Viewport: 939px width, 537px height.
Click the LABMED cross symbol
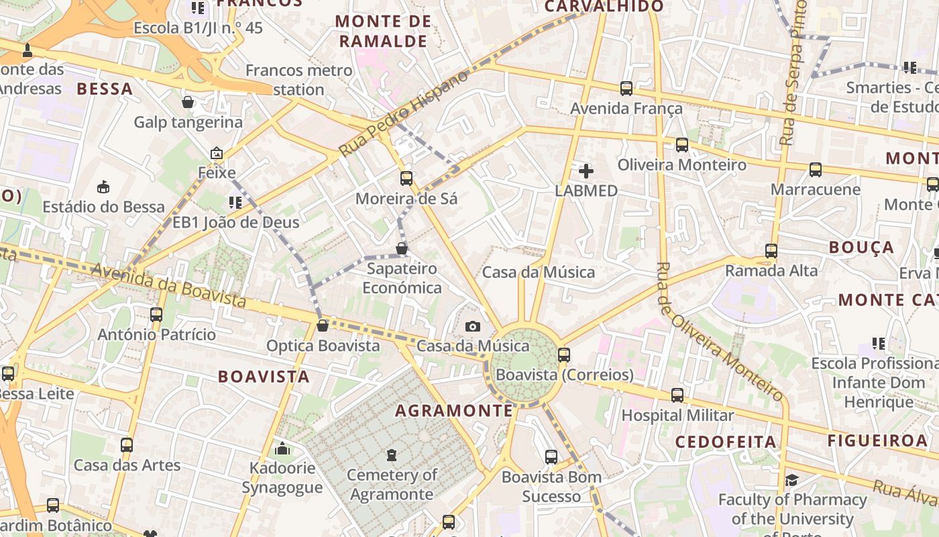click(x=586, y=171)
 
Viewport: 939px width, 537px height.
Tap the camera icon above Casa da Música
click(x=473, y=327)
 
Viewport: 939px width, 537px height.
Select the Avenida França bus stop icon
click(x=626, y=89)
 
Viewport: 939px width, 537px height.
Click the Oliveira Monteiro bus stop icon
click(x=682, y=145)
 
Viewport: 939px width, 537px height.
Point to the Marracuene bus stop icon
click(x=816, y=170)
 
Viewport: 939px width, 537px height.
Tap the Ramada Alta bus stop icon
click(x=771, y=251)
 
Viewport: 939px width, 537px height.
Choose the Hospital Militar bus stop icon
click(x=677, y=395)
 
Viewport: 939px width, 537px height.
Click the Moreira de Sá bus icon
click(x=406, y=179)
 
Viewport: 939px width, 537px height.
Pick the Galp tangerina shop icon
click(x=188, y=102)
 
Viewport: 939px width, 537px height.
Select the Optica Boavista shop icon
click(x=323, y=326)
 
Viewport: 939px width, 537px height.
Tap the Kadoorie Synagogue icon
click(x=282, y=448)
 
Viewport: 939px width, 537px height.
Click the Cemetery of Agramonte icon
click(x=392, y=455)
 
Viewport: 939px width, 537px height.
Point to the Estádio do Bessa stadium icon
click(x=103, y=187)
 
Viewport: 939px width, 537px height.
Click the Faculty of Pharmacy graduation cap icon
click(x=792, y=480)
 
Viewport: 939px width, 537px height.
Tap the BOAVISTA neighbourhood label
click(x=264, y=377)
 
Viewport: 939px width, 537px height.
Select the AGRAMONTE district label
click(x=454, y=411)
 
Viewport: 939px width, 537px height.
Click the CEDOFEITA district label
click(x=726, y=442)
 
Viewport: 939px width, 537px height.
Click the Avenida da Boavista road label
click(x=168, y=285)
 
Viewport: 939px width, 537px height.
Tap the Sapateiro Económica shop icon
click(x=402, y=248)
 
